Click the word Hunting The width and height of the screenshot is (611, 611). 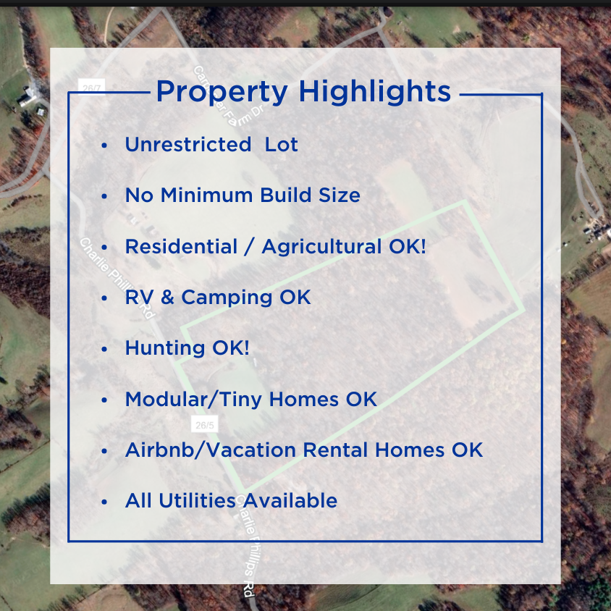pyautogui.click(x=165, y=348)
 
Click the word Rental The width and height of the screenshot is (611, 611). pyautogui.click(x=335, y=450)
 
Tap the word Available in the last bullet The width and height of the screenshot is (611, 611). pyautogui.click(x=290, y=501)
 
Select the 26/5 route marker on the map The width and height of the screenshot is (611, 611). pyautogui.click(x=204, y=424)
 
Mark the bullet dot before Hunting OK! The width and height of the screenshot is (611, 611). pyautogui.click(x=105, y=349)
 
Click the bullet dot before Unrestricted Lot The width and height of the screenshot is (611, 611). pyautogui.click(x=105, y=146)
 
